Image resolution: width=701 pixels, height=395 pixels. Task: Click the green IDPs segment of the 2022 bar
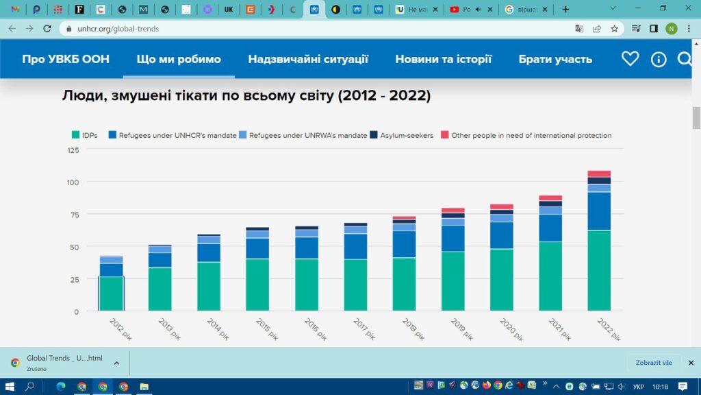point(599,271)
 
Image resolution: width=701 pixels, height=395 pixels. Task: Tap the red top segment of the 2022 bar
point(599,173)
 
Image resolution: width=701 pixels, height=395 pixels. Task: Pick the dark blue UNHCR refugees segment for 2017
point(355,247)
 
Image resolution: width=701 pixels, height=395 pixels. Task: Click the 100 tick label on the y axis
point(73,182)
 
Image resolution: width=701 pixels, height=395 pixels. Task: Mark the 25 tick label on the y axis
point(74,279)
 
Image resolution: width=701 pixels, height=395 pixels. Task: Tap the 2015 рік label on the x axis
point(266,328)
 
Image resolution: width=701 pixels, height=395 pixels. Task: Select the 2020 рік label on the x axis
point(510,328)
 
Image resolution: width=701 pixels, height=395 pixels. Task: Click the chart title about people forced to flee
point(246,96)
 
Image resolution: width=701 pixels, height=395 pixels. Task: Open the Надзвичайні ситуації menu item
point(308,59)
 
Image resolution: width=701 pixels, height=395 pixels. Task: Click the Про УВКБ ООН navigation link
point(66,59)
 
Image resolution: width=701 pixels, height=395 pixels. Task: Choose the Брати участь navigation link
point(555,59)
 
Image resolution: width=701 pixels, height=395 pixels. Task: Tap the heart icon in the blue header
point(630,59)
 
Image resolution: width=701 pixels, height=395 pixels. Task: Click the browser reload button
point(47,28)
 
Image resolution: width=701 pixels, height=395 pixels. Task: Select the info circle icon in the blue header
point(659,59)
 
